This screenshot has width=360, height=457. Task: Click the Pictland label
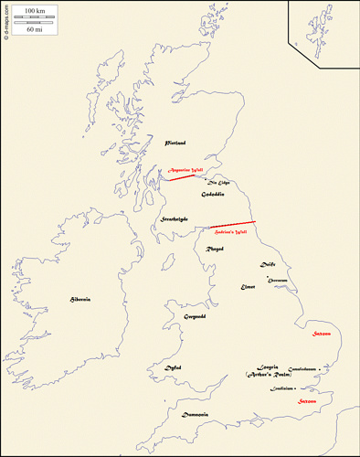[175, 143]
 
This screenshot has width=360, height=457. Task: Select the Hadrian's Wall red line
[232, 225]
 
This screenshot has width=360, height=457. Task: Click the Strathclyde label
[174, 219]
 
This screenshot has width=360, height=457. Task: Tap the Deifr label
[268, 264]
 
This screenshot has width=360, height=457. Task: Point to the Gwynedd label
[195, 316]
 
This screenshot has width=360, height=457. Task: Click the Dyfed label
[173, 367]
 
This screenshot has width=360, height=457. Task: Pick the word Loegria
[256, 367]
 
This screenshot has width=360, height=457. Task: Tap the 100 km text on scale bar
[37, 8]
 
